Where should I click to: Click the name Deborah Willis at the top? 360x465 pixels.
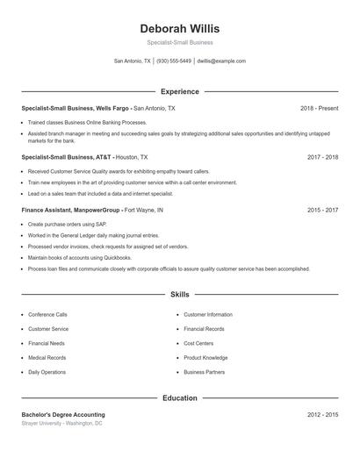[179, 28]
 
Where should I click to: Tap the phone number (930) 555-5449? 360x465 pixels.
[174, 61]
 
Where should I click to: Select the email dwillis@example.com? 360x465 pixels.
[221, 61]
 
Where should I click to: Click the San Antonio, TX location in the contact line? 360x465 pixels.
[133, 61]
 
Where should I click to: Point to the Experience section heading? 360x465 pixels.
[179, 91]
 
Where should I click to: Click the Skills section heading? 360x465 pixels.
[179, 296]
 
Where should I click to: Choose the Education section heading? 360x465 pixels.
[179, 397]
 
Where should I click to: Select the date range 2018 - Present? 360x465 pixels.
[319, 108]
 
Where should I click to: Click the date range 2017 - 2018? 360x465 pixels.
[322, 157]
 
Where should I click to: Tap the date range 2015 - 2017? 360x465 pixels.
[322, 211]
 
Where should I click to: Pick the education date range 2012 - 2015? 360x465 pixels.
[322, 414]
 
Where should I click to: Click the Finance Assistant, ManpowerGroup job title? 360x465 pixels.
[72, 211]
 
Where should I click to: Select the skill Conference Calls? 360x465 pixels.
[47, 314]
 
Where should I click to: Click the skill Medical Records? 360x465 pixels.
[47, 358]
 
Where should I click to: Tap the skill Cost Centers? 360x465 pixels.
[198, 343]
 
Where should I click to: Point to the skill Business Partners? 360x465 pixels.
[204, 372]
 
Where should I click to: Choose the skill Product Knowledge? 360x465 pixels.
[205, 358]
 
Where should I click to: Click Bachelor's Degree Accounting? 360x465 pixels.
[63, 414]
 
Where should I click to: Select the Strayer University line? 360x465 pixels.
[61, 423]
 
